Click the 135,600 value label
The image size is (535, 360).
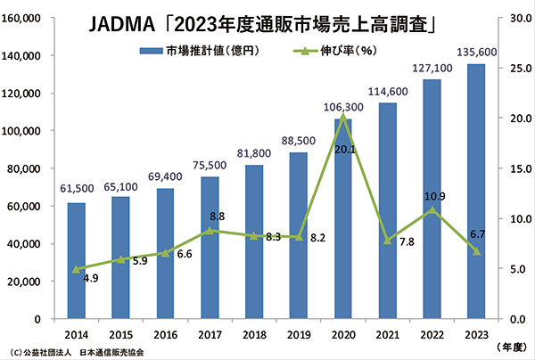click(476, 53)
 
